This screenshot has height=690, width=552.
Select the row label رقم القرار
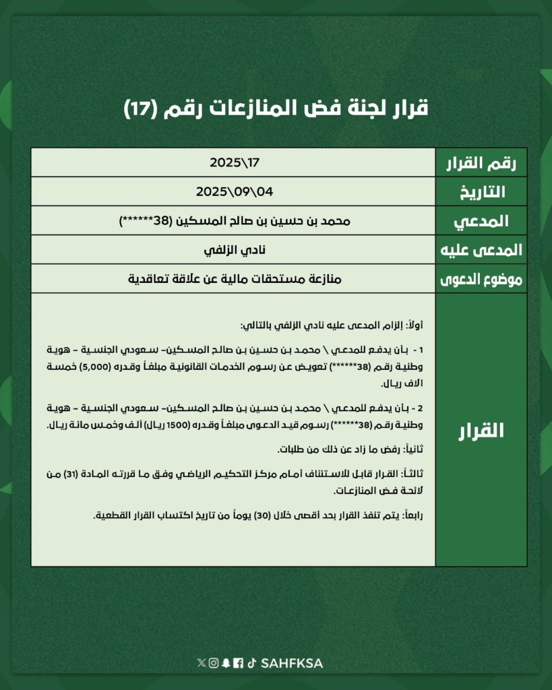coord(481,162)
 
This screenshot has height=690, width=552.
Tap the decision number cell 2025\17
coord(235,162)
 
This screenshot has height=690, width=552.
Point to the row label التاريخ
coord(481,192)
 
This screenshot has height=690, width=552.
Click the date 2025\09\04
coord(235,191)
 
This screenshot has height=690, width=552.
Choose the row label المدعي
coord(481,220)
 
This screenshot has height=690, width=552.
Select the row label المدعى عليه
coord(481,249)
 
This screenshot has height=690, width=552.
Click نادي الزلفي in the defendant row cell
coord(235,249)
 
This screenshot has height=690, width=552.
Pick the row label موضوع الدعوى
coord(481,278)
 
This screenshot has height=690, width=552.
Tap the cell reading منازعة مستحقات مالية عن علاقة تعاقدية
coord(235,278)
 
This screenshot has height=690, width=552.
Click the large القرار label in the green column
coord(481,430)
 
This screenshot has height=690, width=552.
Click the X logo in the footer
coord(202,663)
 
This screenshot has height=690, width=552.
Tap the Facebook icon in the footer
coord(238,663)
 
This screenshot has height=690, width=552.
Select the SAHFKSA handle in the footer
coord(292,663)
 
